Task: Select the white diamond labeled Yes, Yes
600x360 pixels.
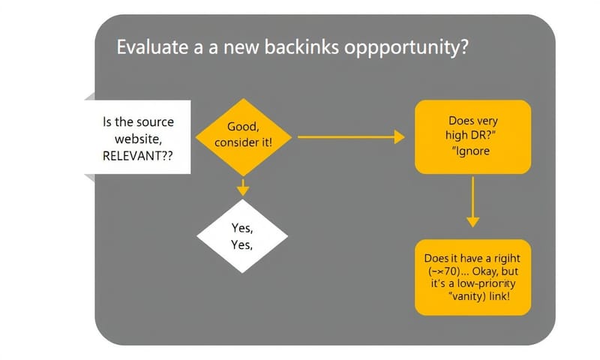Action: click(x=242, y=236)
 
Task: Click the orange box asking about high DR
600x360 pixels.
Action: click(x=472, y=136)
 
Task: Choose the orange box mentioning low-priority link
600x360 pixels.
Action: click(x=472, y=277)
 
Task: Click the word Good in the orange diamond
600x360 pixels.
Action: click(x=241, y=127)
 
